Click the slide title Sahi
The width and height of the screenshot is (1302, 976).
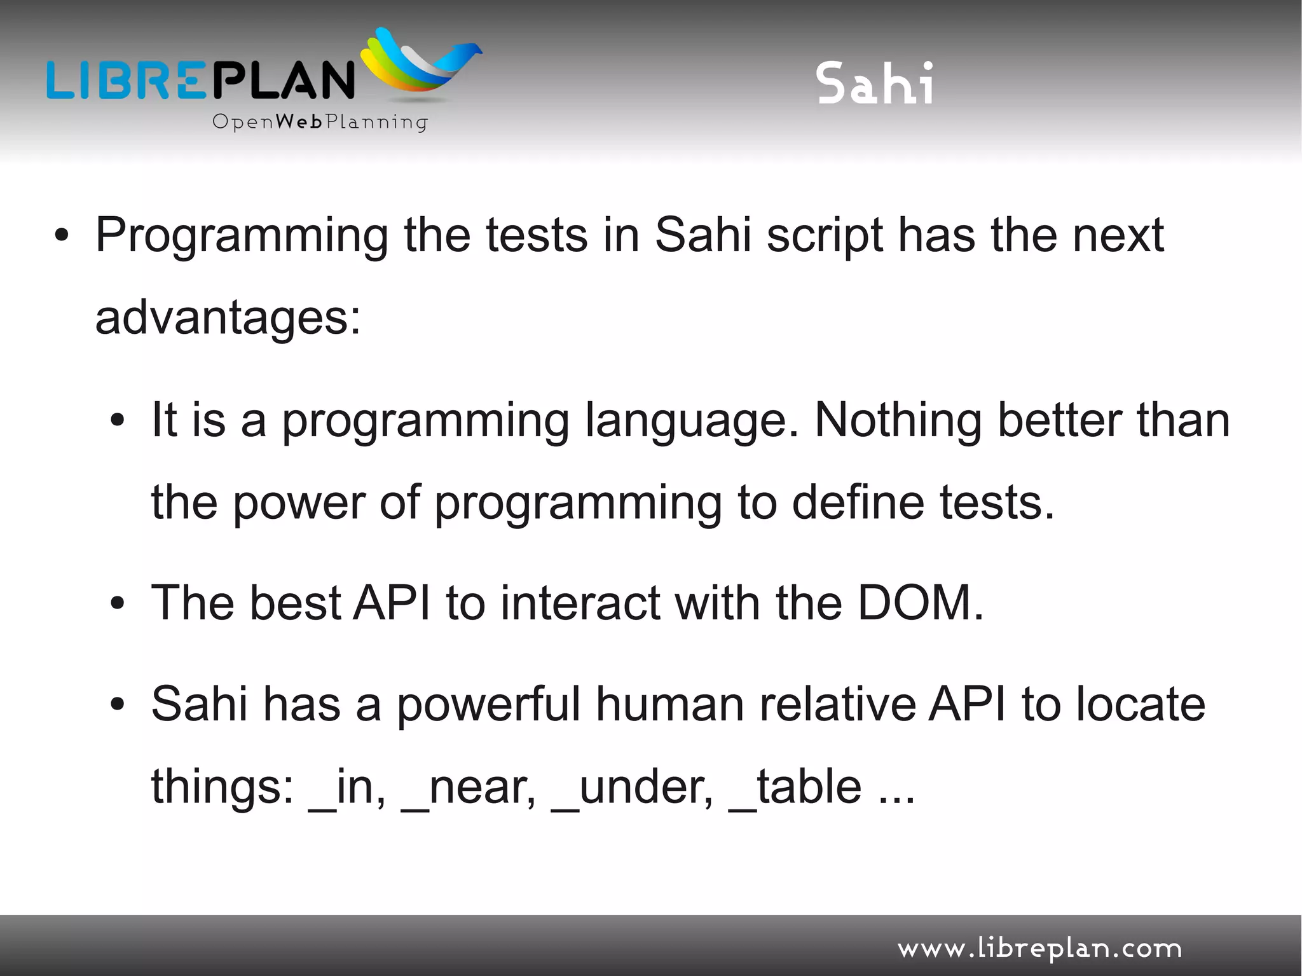[x=875, y=83]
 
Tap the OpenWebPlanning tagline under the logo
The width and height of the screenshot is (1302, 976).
[x=320, y=121]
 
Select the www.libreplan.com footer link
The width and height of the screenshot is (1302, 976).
[x=1039, y=949]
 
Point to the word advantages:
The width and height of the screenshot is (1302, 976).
[x=228, y=318]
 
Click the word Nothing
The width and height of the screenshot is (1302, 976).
[x=898, y=420]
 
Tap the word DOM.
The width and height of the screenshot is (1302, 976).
[x=920, y=603]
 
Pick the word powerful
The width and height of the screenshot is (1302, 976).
[x=489, y=705]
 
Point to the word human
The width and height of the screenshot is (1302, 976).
[x=669, y=705]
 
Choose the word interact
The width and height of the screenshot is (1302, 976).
[x=580, y=603]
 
